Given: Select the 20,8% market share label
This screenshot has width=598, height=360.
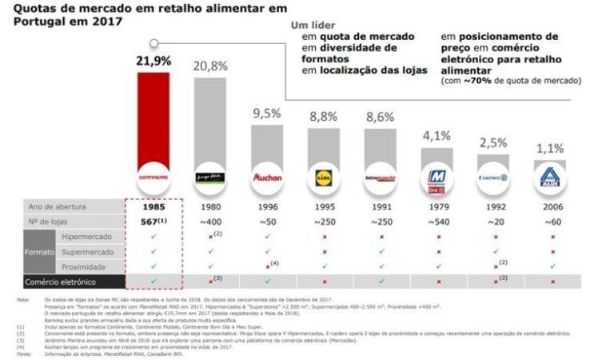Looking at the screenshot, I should tap(209, 66).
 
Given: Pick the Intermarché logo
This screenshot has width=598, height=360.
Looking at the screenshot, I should tap(380, 175).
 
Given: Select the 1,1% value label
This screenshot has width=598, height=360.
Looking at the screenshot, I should tap(550, 149).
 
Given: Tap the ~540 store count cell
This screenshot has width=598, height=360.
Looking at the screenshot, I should tap(437, 222).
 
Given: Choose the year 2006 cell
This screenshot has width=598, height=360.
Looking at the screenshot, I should tap(550, 206).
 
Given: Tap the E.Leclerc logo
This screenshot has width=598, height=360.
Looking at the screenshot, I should tap(493, 175).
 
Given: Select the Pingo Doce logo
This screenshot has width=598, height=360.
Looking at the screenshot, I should tap(209, 175).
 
